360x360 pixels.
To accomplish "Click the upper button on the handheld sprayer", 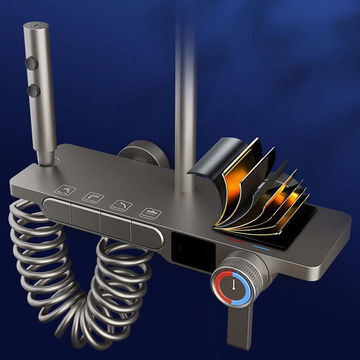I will coord(31,63).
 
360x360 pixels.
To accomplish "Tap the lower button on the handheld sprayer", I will coord(33,90).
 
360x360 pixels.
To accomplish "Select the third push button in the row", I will coord(115,224).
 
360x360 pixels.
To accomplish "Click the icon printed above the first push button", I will coord(64,191).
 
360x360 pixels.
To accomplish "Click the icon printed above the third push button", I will coord(121,205).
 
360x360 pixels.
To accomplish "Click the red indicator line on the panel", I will coord(235,241).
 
